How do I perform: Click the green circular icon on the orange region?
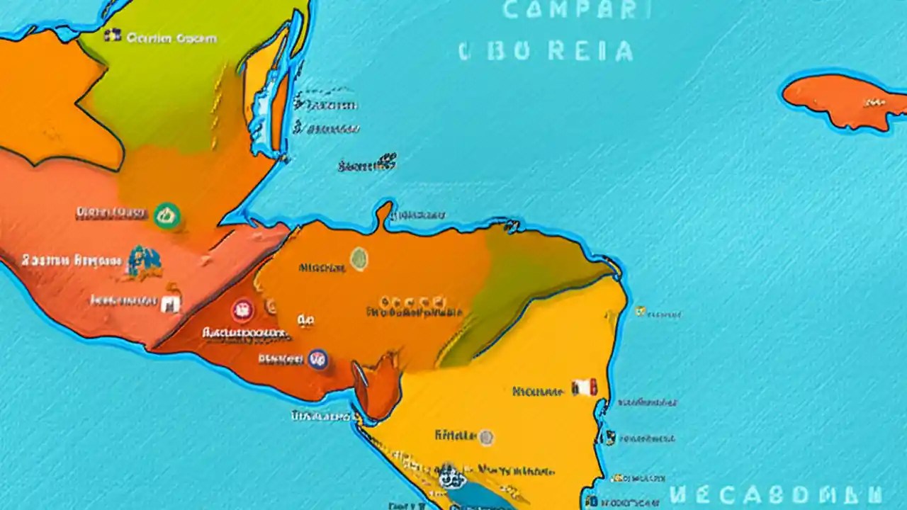point(167,215)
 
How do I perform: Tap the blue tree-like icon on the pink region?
point(145,261)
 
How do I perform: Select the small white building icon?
point(170,304)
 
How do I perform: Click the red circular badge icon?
point(242,310)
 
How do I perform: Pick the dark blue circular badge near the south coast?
point(317,359)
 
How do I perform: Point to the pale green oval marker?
point(359,259)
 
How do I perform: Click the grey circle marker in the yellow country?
point(485,437)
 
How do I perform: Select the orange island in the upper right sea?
point(843,101)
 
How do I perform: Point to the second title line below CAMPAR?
point(546,51)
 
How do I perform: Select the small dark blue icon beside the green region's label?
point(112,35)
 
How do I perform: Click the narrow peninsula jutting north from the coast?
point(384,214)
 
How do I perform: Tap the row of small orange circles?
point(414,301)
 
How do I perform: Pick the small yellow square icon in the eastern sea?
point(641,310)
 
